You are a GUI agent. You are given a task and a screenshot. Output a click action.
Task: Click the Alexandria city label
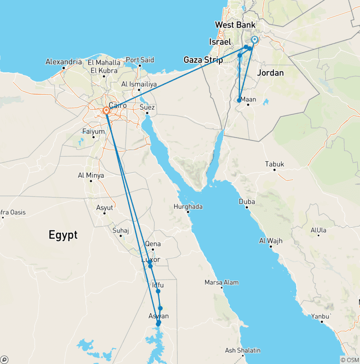click(x=64, y=62)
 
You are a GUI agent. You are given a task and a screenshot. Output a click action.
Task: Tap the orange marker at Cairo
click(x=106, y=111)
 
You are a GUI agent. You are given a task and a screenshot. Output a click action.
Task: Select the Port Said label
click(x=140, y=60)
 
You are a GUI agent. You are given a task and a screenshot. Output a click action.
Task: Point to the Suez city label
click(x=147, y=106)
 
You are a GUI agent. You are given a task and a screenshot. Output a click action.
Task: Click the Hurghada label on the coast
click(x=188, y=206)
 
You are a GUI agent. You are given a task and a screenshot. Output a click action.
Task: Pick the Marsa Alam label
click(x=221, y=282)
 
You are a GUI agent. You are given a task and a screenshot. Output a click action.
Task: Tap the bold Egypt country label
click(x=63, y=235)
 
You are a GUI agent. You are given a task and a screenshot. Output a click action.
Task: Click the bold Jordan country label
click(x=270, y=73)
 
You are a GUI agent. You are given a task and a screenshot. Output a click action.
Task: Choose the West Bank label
click(x=235, y=25)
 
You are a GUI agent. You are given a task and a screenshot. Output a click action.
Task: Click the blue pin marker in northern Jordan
click(x=255, y=40)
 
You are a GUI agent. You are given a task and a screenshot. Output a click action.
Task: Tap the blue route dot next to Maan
click(x=239, y=100)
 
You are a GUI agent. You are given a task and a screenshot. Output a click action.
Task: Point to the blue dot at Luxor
click(x=150, y=266)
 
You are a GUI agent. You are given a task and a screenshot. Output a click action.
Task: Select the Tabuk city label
click(x=275, y=164)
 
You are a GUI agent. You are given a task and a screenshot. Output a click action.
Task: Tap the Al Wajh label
click(x=271, y=241)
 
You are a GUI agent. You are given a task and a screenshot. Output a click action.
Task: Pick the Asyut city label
click(x=104, y=207)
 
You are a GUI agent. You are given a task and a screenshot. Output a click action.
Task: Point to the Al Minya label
click(x=91, y=175)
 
